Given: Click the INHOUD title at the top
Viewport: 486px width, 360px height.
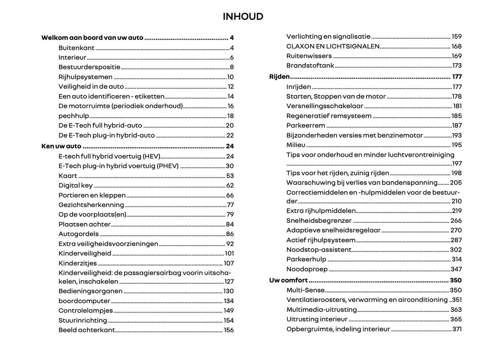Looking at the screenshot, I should [x=243, y=16].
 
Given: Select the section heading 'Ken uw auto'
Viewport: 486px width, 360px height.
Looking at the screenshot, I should [x=61, y=146].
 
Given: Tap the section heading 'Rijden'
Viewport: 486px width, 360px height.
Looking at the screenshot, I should [x=279, y=77].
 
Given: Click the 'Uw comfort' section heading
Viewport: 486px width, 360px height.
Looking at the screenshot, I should [x=288, y=280].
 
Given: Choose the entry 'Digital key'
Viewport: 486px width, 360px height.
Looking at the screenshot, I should [x=75, y=185].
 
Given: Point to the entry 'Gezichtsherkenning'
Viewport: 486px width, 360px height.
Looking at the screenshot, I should [x=91, y=205].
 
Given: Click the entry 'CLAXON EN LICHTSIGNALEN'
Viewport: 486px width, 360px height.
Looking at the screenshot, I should [x=333, y=46].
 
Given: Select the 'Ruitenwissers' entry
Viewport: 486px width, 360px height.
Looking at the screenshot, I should [x=309, y=56].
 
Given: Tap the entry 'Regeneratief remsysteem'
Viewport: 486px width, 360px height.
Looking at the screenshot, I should [x=329, y=116].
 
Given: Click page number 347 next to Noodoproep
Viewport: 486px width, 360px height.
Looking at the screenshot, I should [x=456, y=269].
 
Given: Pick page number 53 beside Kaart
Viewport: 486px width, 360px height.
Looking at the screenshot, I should [x=230, y=176].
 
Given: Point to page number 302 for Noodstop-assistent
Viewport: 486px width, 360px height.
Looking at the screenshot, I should [x=456, y=250].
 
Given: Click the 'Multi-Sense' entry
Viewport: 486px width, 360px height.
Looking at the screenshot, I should [x=305, y=290].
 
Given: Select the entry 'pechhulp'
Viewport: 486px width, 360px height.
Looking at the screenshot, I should [x=74, y=116].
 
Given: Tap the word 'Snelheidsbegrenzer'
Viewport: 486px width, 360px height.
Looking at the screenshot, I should [x=319, y=221].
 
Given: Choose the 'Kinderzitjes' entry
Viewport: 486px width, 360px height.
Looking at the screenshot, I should [x=77, y=263].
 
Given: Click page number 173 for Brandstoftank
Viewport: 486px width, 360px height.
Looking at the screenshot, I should [x=457, y=66].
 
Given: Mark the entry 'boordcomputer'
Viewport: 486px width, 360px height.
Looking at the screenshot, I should [x=84, y=301].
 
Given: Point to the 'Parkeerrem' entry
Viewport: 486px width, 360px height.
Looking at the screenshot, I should [x=305, y=125].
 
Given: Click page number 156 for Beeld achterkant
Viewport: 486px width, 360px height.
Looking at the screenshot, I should [x=229, y=330].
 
